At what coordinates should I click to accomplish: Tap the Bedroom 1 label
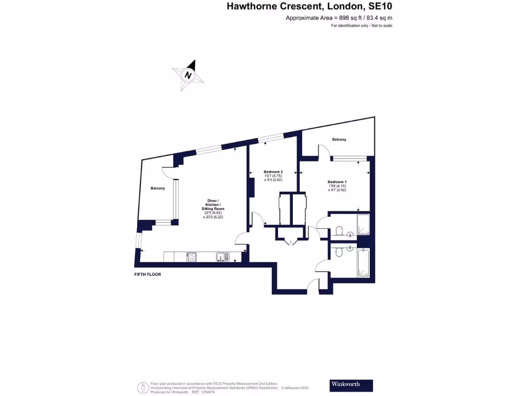[x=337, y=181]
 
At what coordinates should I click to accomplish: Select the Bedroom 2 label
[x=273, y=172]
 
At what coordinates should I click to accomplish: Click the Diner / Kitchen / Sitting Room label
[x=213, y=204]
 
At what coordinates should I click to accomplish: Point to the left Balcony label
[x=158, y=188]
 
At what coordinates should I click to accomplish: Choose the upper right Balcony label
[x=339, y=140]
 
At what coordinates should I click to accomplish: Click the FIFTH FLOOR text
[x=147, y=274]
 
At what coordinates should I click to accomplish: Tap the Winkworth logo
[x=351, y=385]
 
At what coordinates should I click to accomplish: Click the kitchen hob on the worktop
[x=192, y=256]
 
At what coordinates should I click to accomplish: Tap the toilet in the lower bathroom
[x=339, y=252]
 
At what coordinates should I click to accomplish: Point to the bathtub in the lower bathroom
[x=364, y=263]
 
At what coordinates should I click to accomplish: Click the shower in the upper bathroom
[x=364, y=224]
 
